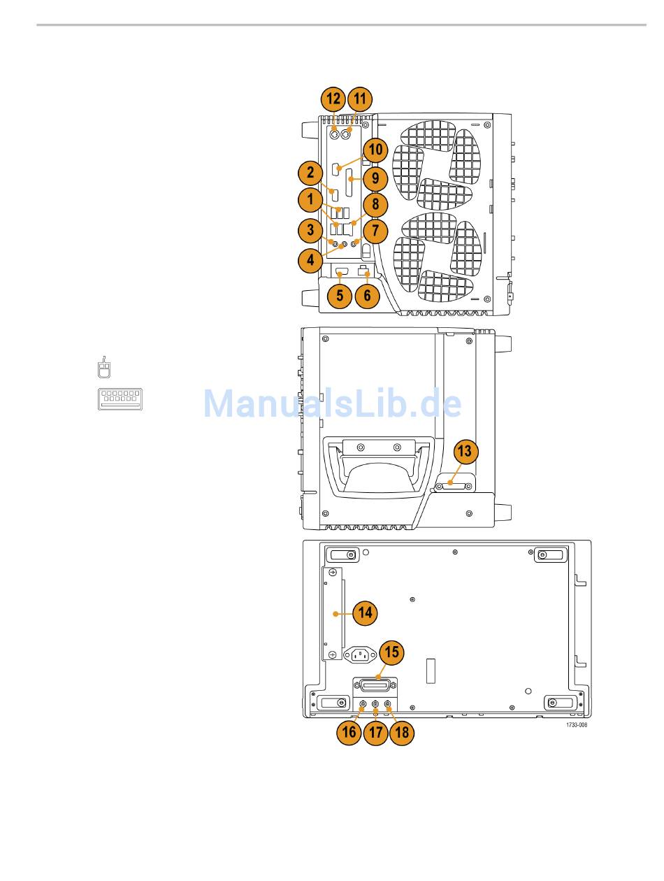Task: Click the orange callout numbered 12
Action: click(x=334, y=99)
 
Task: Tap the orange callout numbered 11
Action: click(x=360, y=99)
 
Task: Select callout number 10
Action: click(x=375, y=150)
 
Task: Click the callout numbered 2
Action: click(x=310, y=171)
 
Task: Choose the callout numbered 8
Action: click(x=375, y=204)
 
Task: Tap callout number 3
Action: click(x=310, y=229)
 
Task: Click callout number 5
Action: click(x=340, y=295)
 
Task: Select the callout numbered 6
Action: click(x=367, y=295)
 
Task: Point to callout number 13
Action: click(x=465, y=452)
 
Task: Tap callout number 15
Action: click(x=392, y=652)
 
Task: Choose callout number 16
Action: click(x=349, y=732)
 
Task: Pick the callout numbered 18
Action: click(x=401, y=732)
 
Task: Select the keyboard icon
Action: click(x=120, y=398)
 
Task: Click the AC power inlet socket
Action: click(x=360, y=655)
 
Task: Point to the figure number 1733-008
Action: click(x=577, y=725)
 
